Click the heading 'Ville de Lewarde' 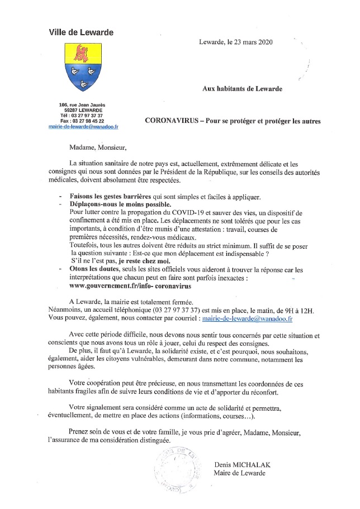coord(81,32)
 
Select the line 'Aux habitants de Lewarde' coord(242,88)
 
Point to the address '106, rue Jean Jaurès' coord(82,104)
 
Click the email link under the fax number coord(83,127)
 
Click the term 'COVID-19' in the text coord(207,213)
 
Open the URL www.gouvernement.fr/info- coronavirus coord(130,286)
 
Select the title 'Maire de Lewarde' coord(240,473)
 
